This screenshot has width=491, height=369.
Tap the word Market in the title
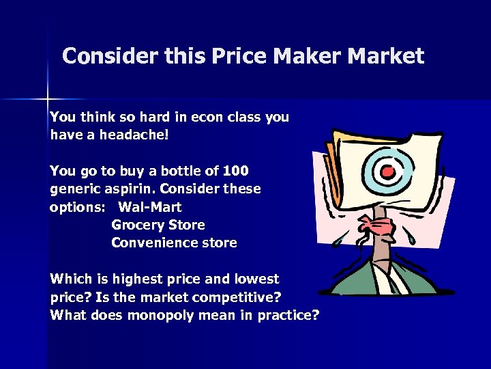[387, 56]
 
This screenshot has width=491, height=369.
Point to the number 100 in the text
[235, 170]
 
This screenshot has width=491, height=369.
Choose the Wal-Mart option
[150, 206]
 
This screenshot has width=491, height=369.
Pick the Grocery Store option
[158, 225]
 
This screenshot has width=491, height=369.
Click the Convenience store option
[174, 243]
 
